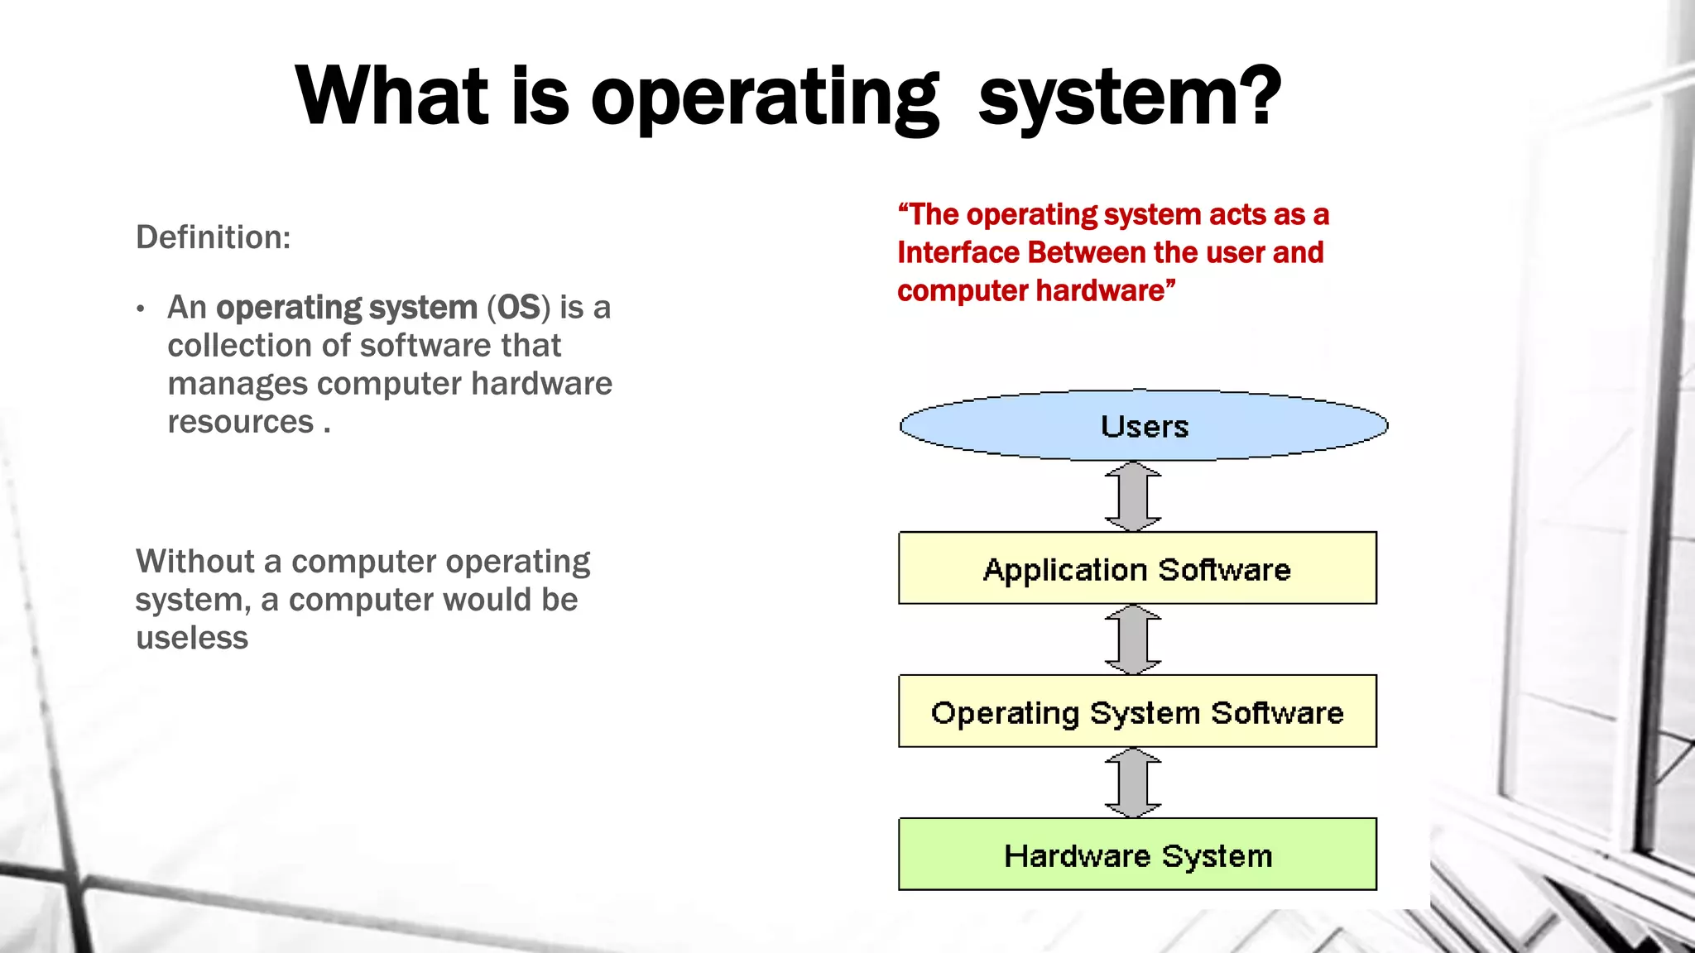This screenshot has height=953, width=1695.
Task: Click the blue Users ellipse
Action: [x=1144, y=425]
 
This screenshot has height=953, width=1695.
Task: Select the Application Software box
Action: [x=1137, y=568]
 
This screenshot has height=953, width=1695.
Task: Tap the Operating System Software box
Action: [x=1137, y=711]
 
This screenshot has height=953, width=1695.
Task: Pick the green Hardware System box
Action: [x=1137, y=855]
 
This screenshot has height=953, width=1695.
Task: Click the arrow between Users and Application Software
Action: [x=1133, y=496]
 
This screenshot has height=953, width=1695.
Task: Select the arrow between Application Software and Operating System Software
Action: [x=1133, y=639]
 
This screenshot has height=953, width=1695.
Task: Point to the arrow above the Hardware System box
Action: [x=1133, y=783]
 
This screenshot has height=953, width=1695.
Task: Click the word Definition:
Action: [x=213, y=237]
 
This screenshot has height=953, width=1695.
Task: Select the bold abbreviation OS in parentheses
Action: [x=518, y=308]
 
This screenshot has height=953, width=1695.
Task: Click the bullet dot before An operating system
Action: [x=142, y=309]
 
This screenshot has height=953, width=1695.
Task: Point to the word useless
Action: [x=192, y=638]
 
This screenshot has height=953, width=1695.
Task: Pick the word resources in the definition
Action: [x=240, y=422]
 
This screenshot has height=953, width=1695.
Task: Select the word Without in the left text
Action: [x=195, y=562]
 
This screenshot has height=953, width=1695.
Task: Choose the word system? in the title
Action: [x=1129, y=98]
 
